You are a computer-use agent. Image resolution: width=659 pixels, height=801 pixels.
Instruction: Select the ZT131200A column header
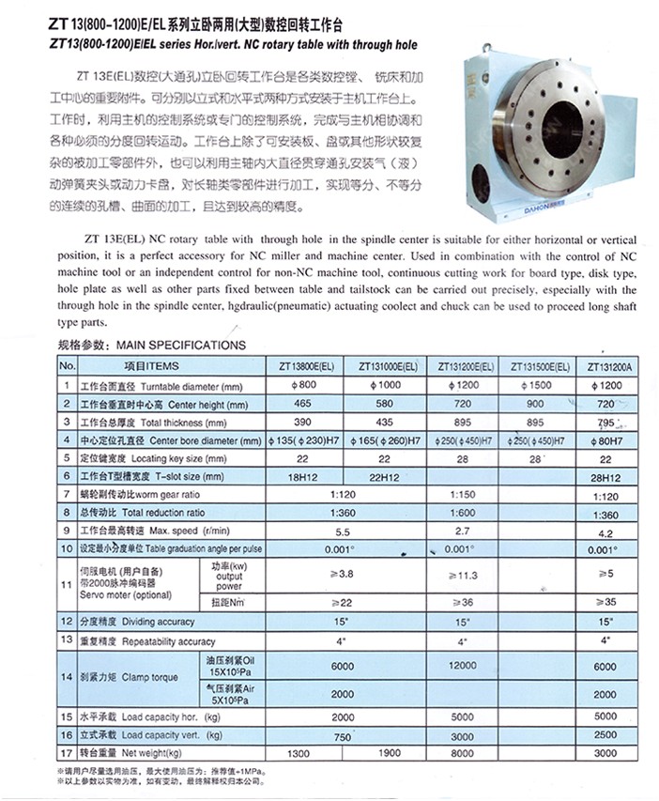click(608, 366)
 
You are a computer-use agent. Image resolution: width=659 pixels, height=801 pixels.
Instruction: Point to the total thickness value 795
click(608, 423)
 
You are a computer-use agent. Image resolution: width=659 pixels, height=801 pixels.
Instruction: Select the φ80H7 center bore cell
click(608, 440)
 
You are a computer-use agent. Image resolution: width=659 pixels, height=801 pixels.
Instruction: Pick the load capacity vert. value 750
click(345, 735)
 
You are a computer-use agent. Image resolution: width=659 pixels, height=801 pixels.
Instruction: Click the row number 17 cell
click(66, 753)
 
